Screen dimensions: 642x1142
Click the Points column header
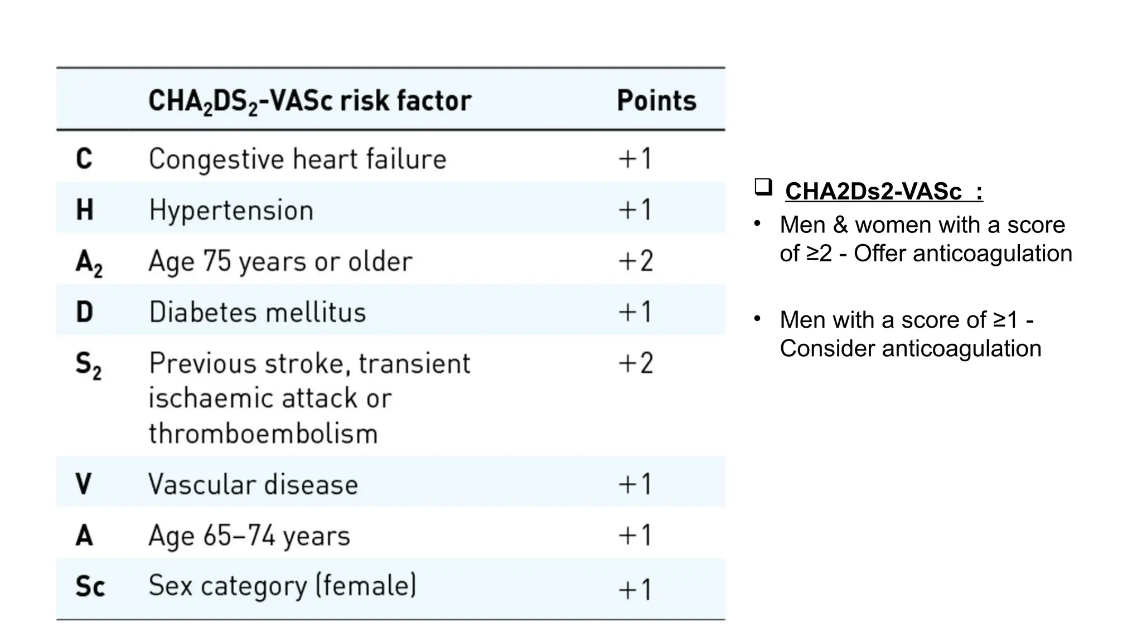click(656, 101)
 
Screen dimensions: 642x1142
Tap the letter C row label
click(84, 159)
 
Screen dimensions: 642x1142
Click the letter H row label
click(84, 210)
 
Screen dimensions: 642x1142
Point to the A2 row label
click(89, 262)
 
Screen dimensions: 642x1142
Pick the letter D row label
click(84, 312)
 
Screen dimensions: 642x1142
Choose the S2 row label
click(89, 365)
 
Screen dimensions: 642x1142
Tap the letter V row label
click(84, 484)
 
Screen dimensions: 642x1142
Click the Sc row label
click(90, 586)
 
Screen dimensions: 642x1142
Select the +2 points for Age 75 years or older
click(635, 261)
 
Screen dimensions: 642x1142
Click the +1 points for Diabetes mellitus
click(635, 312)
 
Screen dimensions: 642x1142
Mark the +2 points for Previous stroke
click(635, 363)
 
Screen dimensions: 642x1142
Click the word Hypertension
click(231, 211)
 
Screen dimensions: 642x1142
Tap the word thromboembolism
click(263, 434)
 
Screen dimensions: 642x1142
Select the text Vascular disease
click(253, 484)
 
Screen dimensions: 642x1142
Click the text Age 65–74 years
click(249, 536)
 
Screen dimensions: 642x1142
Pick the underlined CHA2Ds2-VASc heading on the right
click(883, 192)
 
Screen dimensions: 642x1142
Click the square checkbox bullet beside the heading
click(763, 187)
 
